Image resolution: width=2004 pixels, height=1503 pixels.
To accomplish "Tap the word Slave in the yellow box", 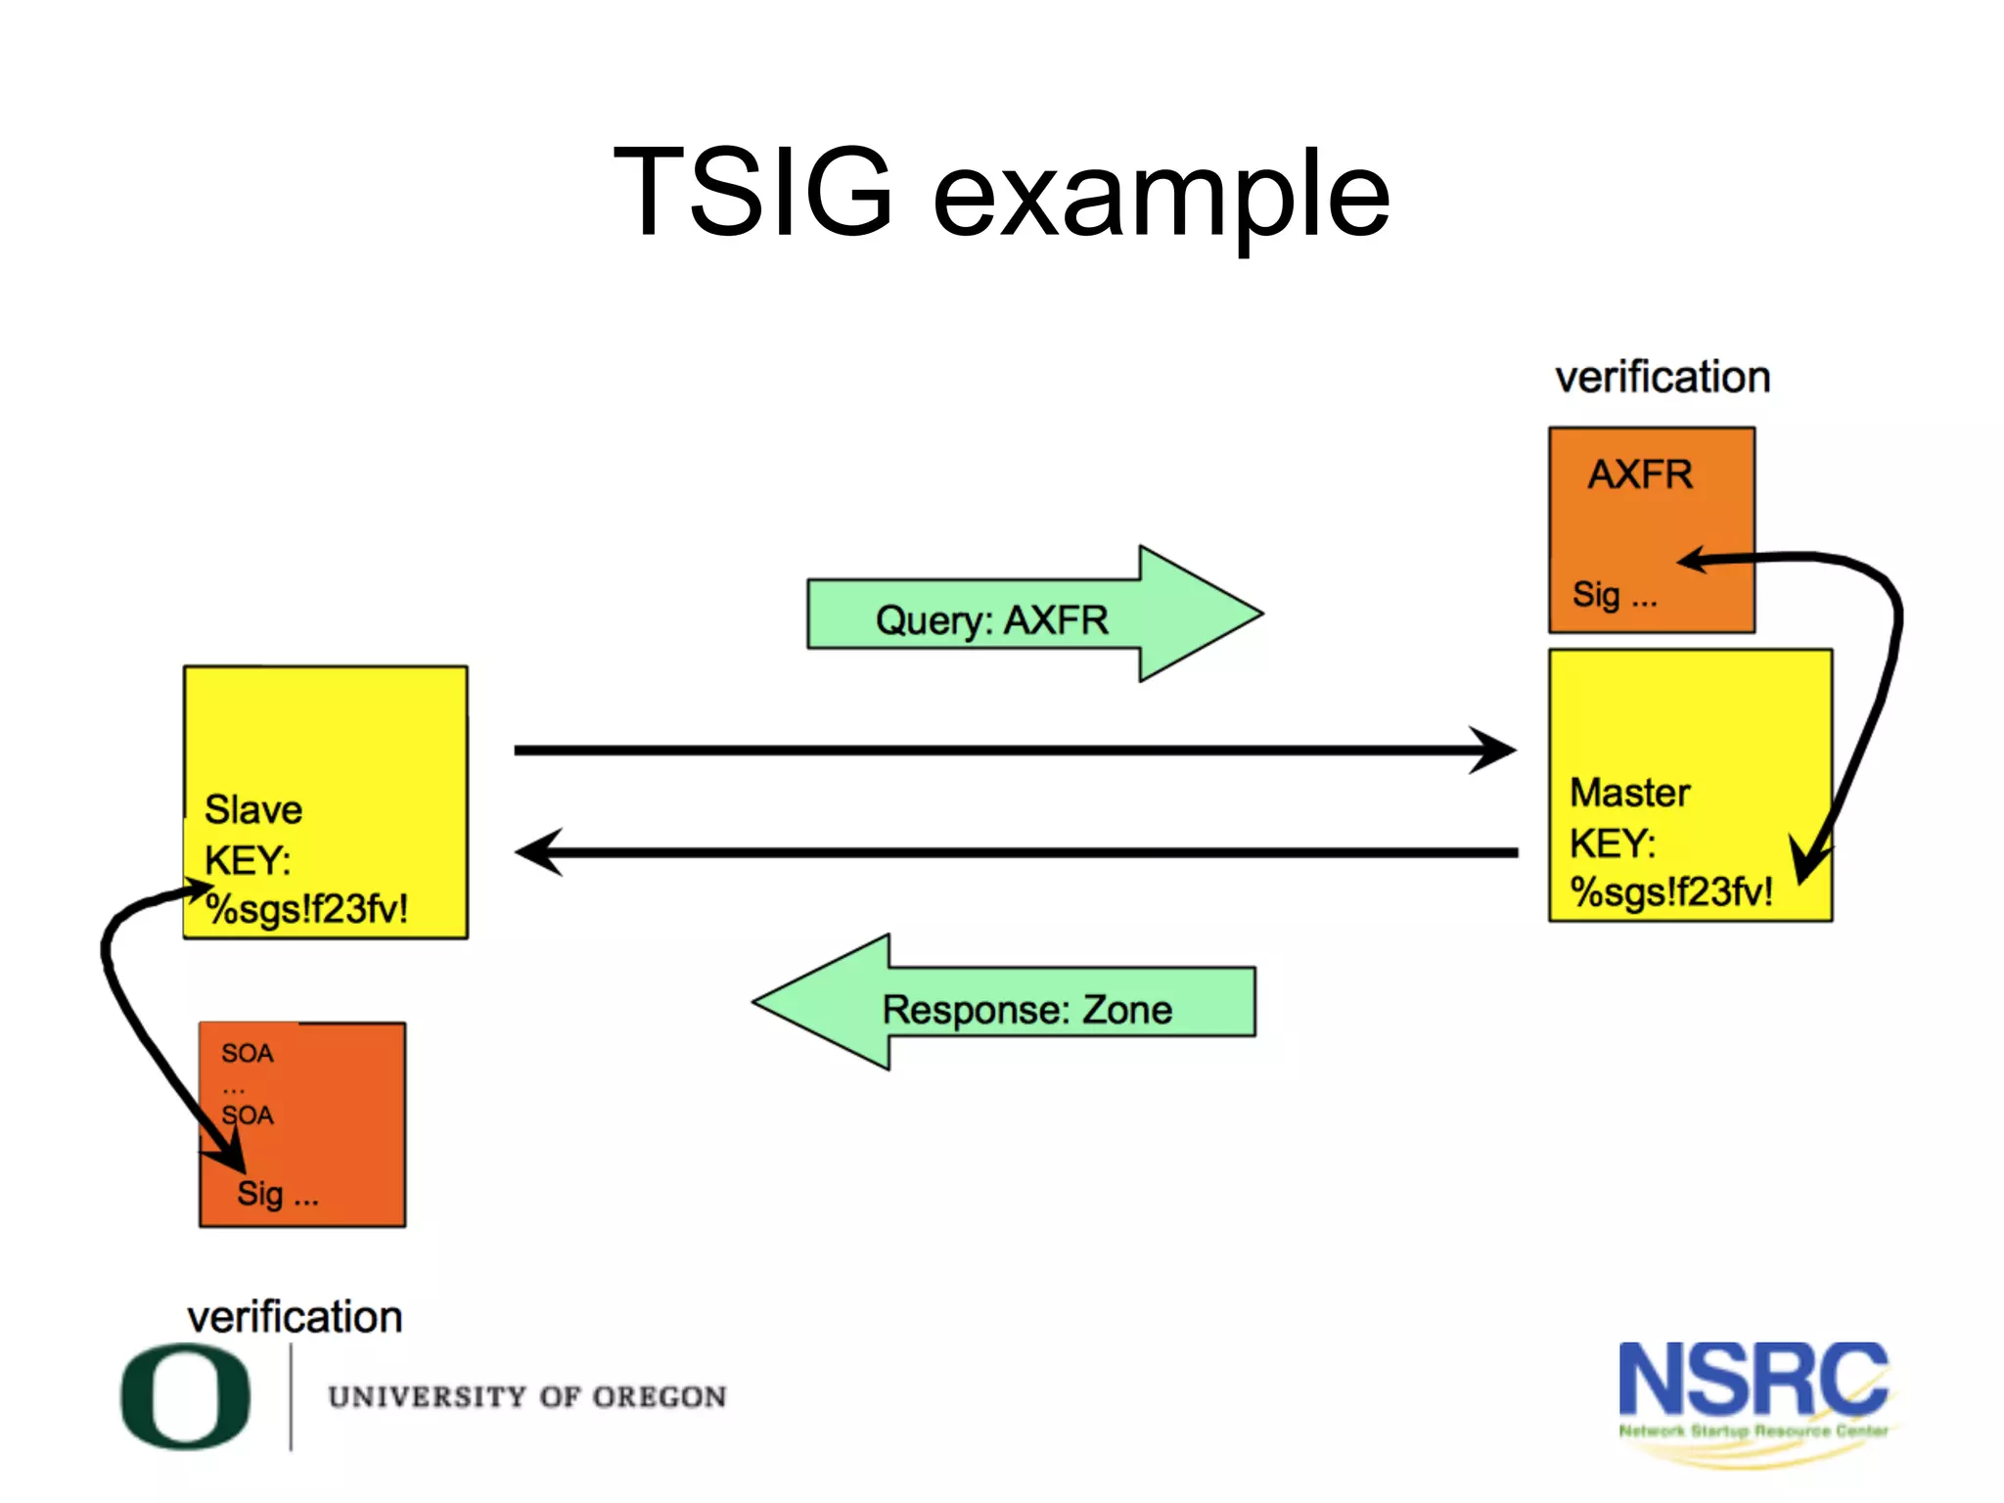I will pos(253,810).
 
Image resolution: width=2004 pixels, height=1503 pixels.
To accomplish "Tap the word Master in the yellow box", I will pos(1629,793).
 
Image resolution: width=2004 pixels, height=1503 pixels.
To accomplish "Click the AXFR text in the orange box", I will pos(1640,475).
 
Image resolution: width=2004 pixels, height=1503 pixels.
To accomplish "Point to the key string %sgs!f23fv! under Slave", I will pos(307,910).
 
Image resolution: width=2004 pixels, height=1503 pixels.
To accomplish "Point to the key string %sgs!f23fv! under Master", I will pos(1671,892).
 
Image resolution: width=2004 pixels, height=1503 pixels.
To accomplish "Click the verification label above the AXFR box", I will pos(1662,378).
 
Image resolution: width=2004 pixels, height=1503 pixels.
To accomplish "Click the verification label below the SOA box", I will pos(295,1317).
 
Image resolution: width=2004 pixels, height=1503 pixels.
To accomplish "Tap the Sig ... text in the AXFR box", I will pos(1615,595).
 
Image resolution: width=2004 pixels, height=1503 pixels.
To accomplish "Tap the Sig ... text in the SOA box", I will pos(278,1194).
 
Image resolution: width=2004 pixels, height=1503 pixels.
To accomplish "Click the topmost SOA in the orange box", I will pos(247,1054).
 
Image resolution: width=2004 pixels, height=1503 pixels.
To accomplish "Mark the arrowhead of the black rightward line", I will pos(1495,751).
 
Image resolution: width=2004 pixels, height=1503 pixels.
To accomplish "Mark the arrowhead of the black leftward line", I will pos(538,852).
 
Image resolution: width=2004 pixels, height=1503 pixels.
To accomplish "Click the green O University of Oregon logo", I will pos(186,1396).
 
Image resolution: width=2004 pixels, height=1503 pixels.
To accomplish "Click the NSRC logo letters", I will pos(1753,1380).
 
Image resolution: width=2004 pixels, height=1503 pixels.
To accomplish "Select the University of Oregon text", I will pos(526,1397).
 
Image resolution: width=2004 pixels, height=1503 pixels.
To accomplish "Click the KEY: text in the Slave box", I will pos(248,861).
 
